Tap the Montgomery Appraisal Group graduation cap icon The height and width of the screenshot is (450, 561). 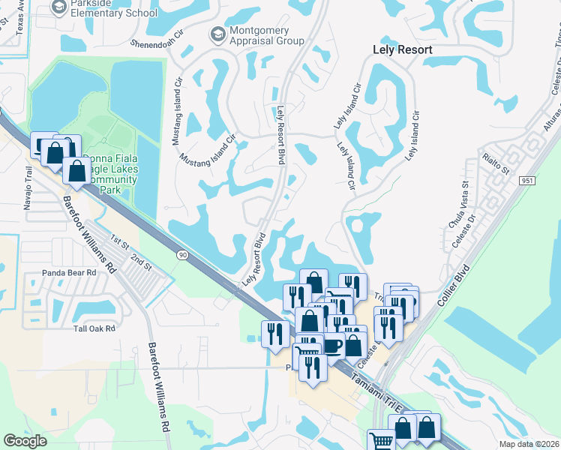[x=217, y=34]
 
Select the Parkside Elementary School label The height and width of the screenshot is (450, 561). [x=112, y=9]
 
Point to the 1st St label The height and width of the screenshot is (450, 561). [x=119, y=241]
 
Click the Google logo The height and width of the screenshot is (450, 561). [x=25, y=441]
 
